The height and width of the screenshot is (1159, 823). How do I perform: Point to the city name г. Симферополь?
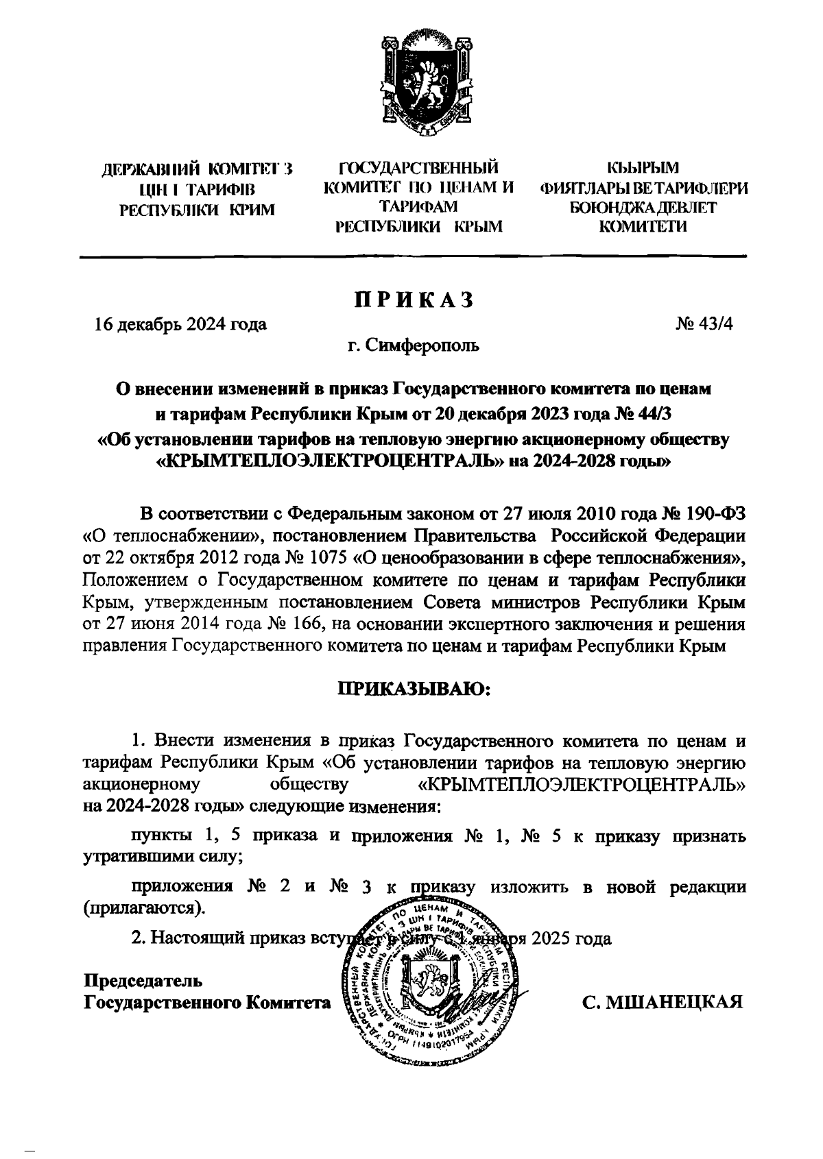(414, 346)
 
